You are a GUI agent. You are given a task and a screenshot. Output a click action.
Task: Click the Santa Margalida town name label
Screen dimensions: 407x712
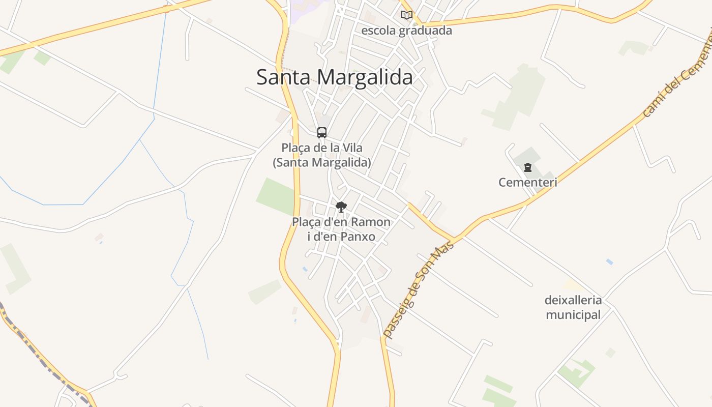[x=334, y=77]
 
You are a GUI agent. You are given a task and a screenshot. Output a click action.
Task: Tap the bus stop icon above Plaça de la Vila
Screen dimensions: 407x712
[x=322, y=133]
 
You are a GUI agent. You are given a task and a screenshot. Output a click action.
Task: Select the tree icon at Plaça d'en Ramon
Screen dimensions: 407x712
[x=341, y=207]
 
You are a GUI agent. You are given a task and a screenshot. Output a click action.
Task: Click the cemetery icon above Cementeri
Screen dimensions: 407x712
[x=528, y=167]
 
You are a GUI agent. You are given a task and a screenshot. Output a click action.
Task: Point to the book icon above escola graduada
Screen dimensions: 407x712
[x=406, y=15]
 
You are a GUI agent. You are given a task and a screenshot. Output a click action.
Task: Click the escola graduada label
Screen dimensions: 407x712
[x=406, y=31]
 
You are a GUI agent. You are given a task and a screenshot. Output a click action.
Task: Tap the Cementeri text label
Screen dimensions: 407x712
[x=528, y=182]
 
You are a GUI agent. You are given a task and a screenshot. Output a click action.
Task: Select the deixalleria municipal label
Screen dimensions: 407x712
[x=573, y=307]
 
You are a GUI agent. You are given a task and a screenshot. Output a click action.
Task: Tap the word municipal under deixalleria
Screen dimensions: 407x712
[x=573, y=315]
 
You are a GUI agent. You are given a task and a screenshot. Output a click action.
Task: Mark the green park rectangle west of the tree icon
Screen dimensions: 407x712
[x=275, y=196]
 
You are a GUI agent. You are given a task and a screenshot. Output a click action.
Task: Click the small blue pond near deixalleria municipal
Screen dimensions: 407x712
[x=609, y=262]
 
